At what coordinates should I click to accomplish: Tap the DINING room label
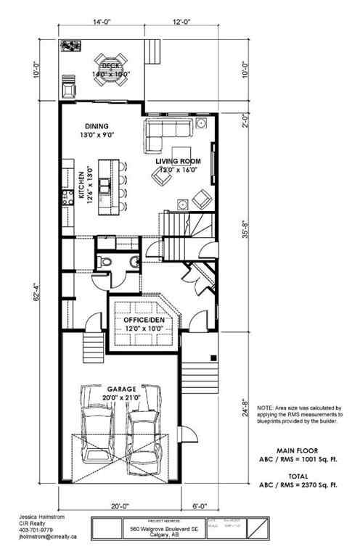(x=96, y=125)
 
